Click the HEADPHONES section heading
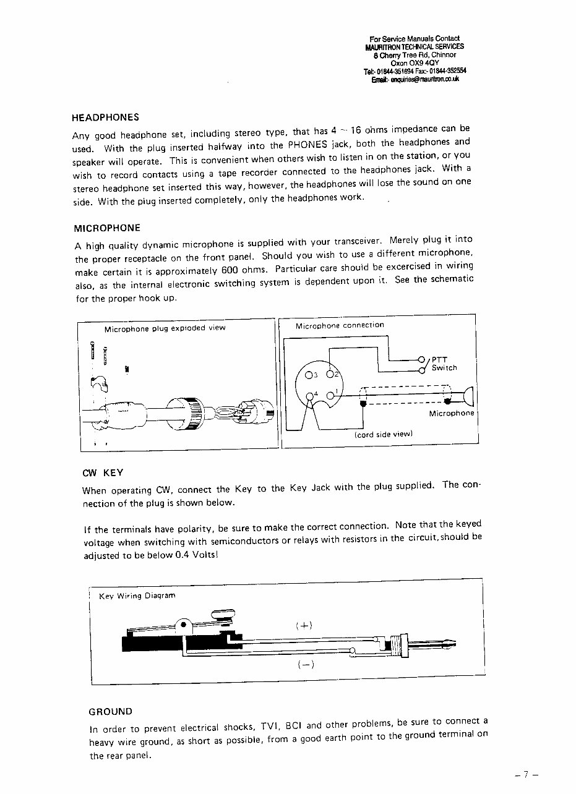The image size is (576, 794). tap(105, 117)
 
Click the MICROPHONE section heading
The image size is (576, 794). tap(107, 228)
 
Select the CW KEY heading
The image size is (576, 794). tap(103, 472)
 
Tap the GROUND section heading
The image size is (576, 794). tap(111, 711)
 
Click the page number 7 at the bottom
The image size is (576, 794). tap(527, 774)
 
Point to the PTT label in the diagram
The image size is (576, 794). tap(439, 359)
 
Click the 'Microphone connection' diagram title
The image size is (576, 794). tap(340, 325)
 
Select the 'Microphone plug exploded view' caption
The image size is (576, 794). tap(165, 328)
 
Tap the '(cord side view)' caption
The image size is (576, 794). tap(382, 434)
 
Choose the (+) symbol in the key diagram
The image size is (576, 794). tap(304, 625)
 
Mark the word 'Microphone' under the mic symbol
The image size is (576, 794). tap(452, 413)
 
